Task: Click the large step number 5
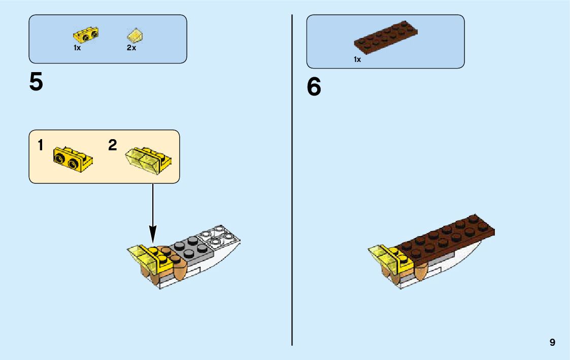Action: click(36, 82)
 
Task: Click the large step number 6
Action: click(314, 87)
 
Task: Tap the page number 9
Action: click(552, 343)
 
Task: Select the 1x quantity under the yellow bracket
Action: click(77, 48)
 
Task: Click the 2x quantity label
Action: click(131, 48)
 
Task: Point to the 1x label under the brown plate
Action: click(357, 59)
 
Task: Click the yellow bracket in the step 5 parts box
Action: click(86, 35)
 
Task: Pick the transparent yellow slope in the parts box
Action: click(136, 35)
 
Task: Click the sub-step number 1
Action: click(41, 146)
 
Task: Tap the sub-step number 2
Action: click(113, 146)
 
